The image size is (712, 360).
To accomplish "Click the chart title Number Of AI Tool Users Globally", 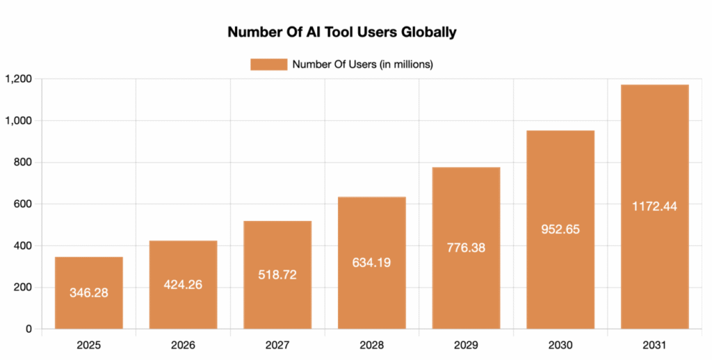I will [x=341, y=32].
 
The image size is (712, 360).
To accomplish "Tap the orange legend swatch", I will [x=268, y=65].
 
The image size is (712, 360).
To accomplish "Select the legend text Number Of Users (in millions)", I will [x=363, y=65].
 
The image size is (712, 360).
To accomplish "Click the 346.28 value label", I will [x=88, y=293].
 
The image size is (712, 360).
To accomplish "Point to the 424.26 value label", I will [x=183, y=284].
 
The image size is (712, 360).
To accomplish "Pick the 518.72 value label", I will [x=277, y=275].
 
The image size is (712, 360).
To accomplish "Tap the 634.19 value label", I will [x=371, y=263].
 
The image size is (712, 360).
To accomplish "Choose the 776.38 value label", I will [x=466, y=248].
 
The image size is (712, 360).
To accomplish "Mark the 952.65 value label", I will [x=560, y=229].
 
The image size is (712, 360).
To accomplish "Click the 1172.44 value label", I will [x=654, y=206].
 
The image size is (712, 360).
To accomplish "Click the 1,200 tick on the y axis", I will [x=18, y=79].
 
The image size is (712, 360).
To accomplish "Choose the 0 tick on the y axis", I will [x=29, y=329].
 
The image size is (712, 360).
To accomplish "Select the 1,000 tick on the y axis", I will [x=18, y=121].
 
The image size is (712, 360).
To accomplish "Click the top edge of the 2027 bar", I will [x=277, y=221].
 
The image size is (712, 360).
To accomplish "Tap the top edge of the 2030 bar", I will [x=560, y=131].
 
